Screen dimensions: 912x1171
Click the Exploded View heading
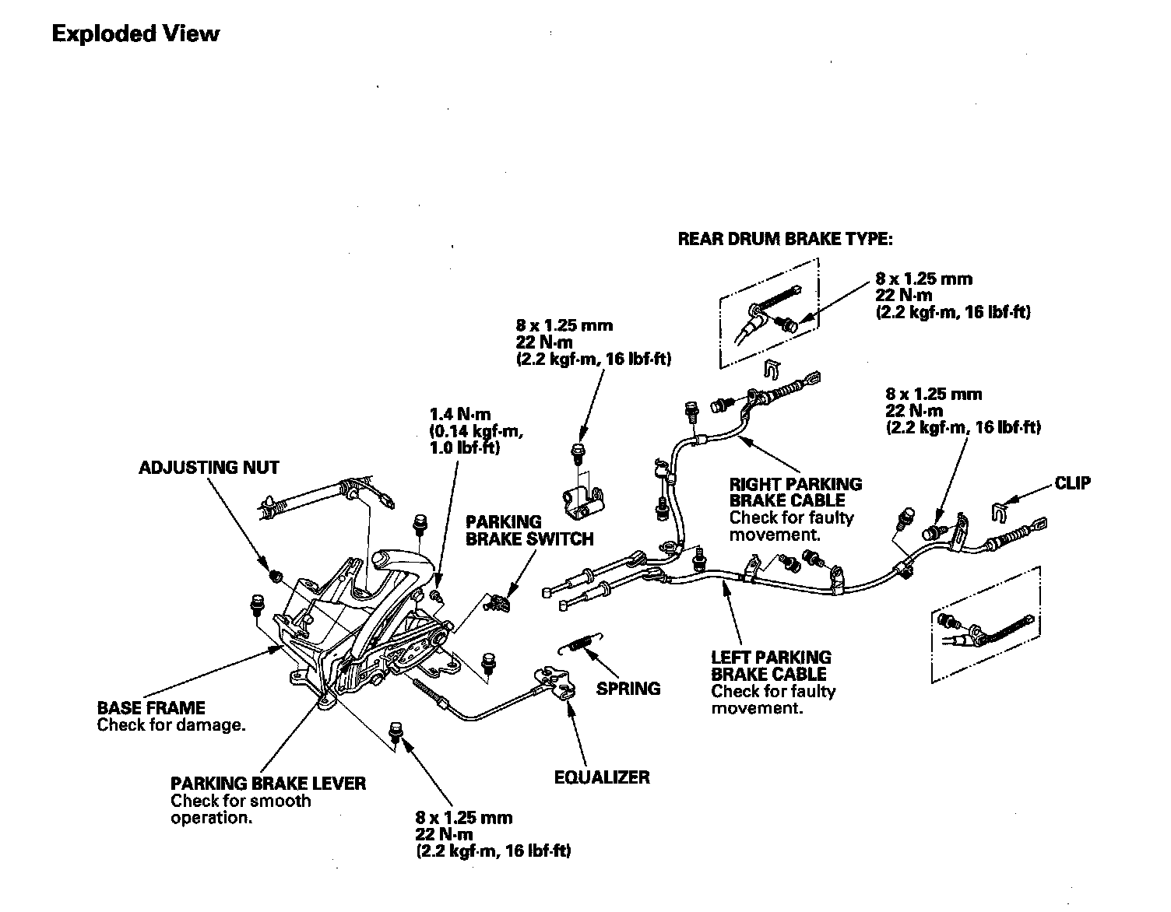click(x=135, y=34)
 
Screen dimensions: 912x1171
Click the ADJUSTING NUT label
click(x=209, y=468)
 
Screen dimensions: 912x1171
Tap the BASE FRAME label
click(x=151, y=708)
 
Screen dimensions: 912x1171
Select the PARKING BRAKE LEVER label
click(x=268, y=783)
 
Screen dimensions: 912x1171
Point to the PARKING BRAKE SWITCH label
click(x=529, y=530)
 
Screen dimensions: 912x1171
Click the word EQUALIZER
click(x=602, y=777)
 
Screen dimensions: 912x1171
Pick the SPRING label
click(x=628, y=689)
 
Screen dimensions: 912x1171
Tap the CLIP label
click(x=1072, y=483)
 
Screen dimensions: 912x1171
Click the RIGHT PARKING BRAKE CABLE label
click(x=796, y=492)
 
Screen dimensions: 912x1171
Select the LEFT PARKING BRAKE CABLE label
click(x=771, y=665)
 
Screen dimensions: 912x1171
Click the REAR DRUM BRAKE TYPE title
click(x=785, y=239)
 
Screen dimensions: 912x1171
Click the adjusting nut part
click(x=274, y=576)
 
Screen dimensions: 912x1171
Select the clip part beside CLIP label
click(x=998, y=510)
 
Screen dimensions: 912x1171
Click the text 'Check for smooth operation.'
click(x=241, y=809)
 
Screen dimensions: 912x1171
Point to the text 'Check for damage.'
click(x=171, y=725)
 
